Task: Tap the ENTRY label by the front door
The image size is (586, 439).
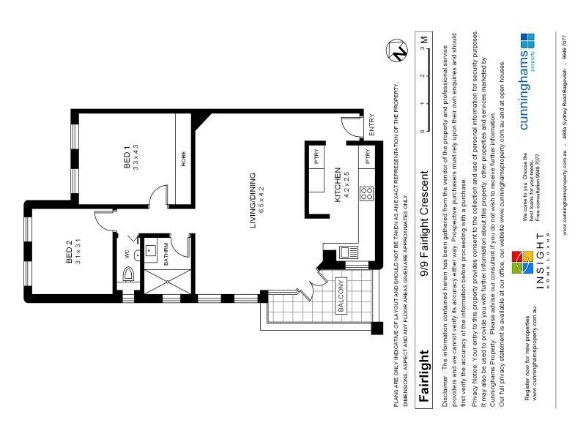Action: click(371, 122)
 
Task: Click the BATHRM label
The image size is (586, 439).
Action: click(166, 252)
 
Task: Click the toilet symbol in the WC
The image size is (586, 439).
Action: click(129, 275)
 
